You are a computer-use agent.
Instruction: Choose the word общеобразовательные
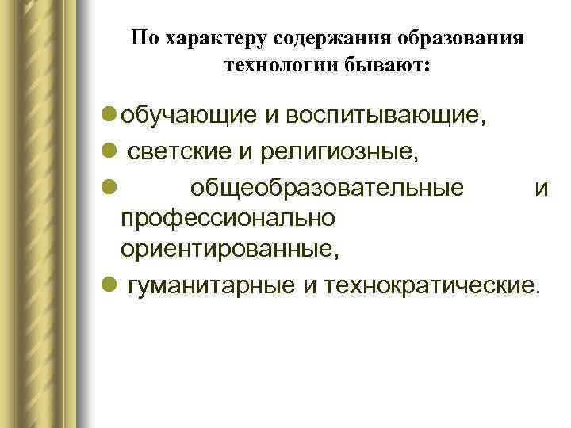[327, 189]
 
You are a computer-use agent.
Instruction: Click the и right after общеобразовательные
[542, 189]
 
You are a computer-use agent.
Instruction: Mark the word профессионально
[228, 217]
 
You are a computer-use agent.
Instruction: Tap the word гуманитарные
[212, 285]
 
